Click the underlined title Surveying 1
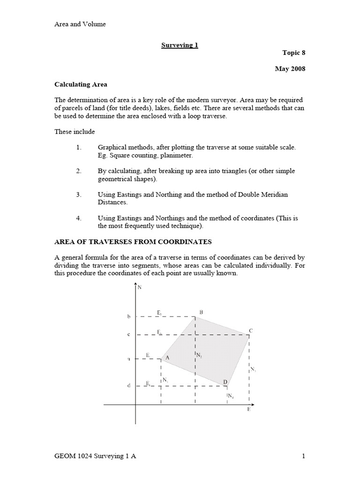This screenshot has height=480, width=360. coord(180,45)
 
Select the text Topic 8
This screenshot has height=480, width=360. coord(294,53)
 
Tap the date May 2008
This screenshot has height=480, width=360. coord(290,69)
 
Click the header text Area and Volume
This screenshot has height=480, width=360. coord(80,24)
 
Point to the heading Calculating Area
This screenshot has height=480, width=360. coord(81,84)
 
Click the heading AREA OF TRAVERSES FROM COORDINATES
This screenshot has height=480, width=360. coord(133,242)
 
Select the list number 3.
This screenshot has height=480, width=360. coord(79,194)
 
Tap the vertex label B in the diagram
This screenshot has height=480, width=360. coord(201,312)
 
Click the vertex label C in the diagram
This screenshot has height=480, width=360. coord(251,330)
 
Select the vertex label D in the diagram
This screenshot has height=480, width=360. coord(225,382)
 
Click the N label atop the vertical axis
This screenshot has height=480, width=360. coord(140,287)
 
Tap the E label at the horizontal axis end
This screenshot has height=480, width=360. coord(249,409)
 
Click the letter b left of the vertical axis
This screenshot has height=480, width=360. coord(129,317)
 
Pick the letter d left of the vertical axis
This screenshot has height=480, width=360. coord(129,386)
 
